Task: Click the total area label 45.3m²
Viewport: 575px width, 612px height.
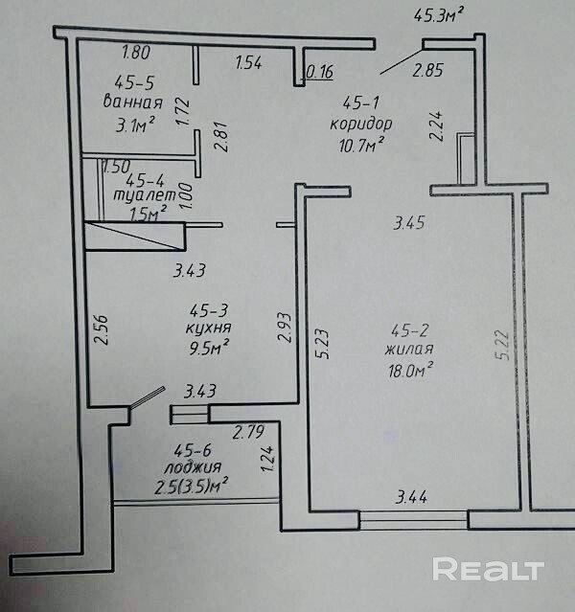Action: [439, 15]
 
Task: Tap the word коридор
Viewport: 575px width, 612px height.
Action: [359, 124]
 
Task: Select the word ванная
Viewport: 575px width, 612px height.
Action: [131, 102]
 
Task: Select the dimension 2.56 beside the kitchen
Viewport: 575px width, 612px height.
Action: [103, 330]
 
